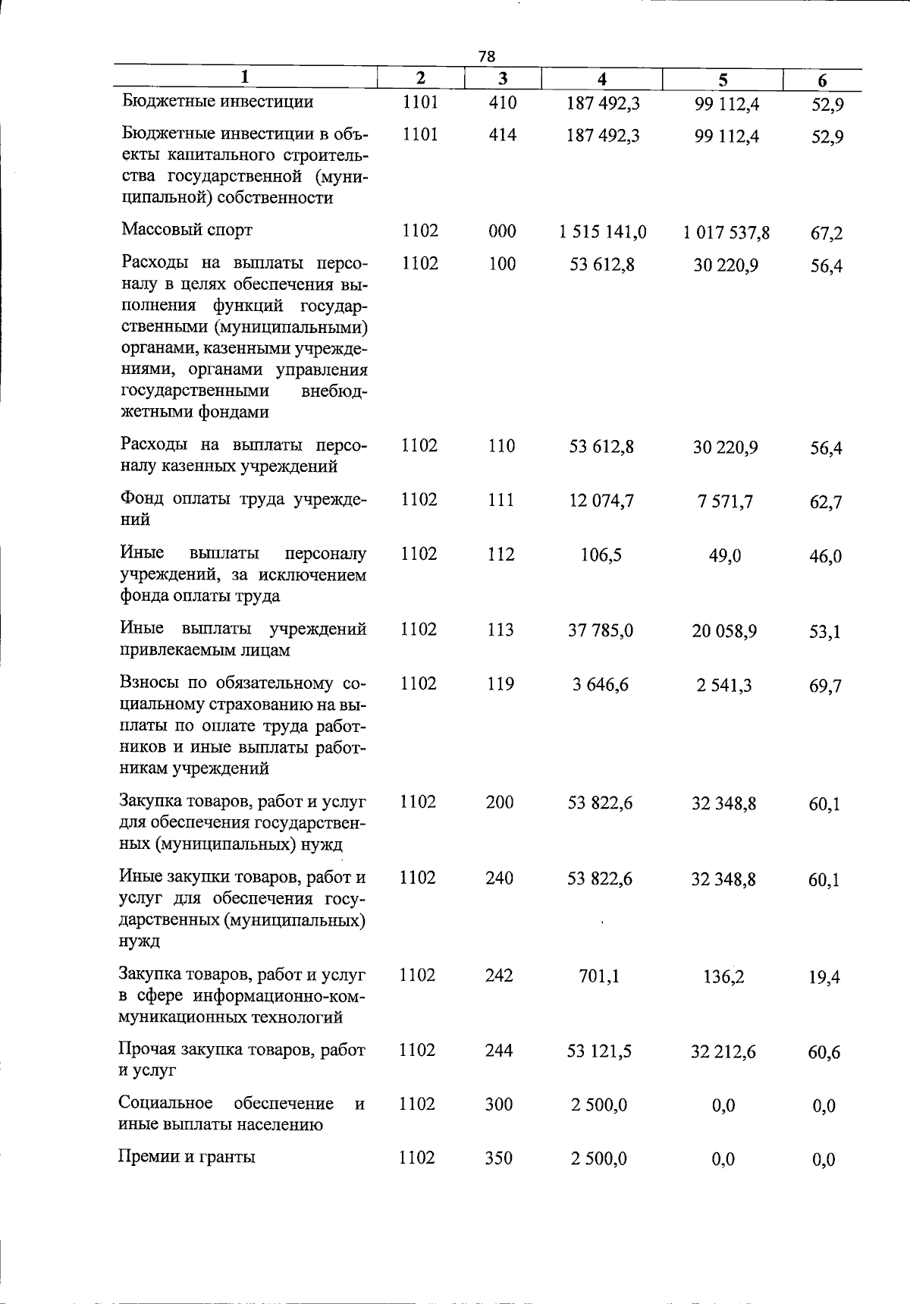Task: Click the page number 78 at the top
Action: pos(487,56)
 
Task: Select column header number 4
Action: pos(601,79)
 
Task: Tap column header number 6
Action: pos(822,80)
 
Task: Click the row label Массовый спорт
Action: pos(187,230)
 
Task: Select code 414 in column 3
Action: pos(502,135)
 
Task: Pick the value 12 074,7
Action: pos(601,501)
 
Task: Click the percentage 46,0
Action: pos(825,557)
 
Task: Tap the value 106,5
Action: pos(601,555)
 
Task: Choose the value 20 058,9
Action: pos(724,631)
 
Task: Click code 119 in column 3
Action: pos(500,684)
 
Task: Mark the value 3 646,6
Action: pos(600,685)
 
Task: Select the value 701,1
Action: pos(599,976)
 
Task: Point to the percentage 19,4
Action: pos(824,977)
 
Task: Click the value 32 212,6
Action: pos(723,1052)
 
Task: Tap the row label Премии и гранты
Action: pos(187,1157)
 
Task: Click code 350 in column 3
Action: pos(499,1158)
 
